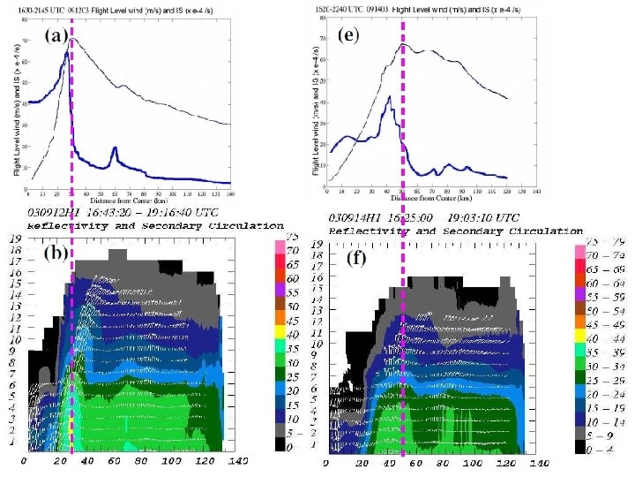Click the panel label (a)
pos(56,36)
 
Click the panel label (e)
pos(348,36)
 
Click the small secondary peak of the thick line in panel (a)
pos(114,148)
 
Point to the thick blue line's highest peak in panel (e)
pos(390,86)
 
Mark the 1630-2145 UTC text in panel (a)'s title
pos(41,6)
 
